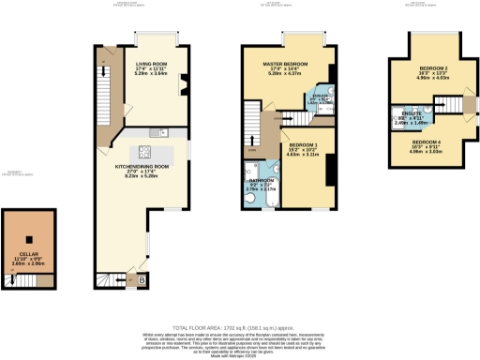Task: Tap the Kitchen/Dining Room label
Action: click(142, 166)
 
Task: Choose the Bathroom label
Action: click(262, 184)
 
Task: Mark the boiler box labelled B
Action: click(142, 279)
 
